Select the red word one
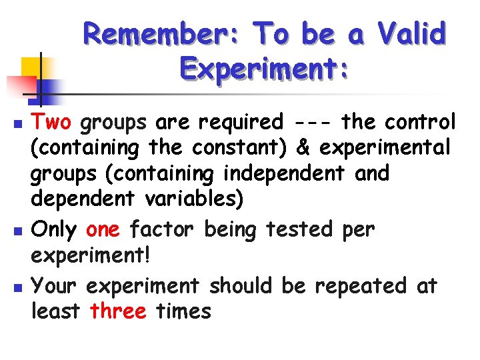(x=103, y=230)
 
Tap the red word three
(x=118, y=311)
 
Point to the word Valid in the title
(x=411, y=33)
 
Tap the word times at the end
(x=182, y=311)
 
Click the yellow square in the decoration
(x=33, y=67)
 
